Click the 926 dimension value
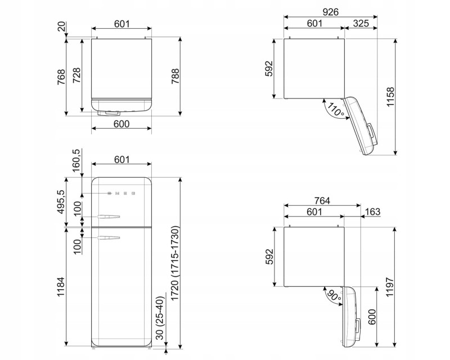click(x=330, y=12)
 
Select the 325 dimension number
click(x=361, y=23)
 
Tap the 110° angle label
click(x=335, y=109)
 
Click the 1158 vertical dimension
click(x=390, y=97)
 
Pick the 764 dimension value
click(x=322, y=200)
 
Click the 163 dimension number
click(x=372, y=211)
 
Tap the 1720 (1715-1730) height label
click(x=175, y=264)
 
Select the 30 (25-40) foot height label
click(x=160, y=318)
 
